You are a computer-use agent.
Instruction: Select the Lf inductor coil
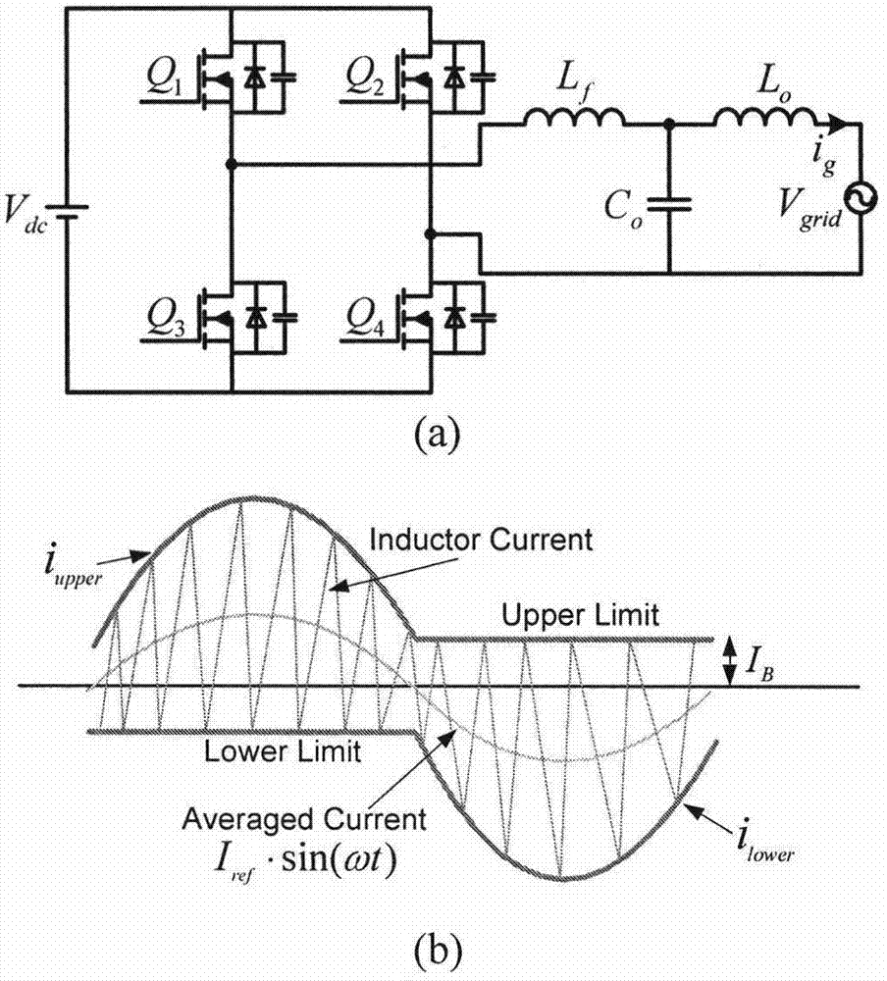click(x=574, y=119)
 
